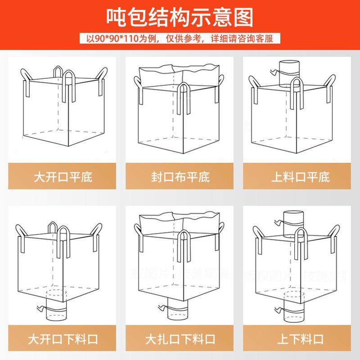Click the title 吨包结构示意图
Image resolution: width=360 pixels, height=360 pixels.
point(180,17)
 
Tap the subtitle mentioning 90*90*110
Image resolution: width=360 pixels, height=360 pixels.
point(180,38)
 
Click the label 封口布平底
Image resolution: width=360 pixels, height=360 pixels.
point(180,176)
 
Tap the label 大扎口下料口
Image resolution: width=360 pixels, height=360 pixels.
point(180,338)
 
